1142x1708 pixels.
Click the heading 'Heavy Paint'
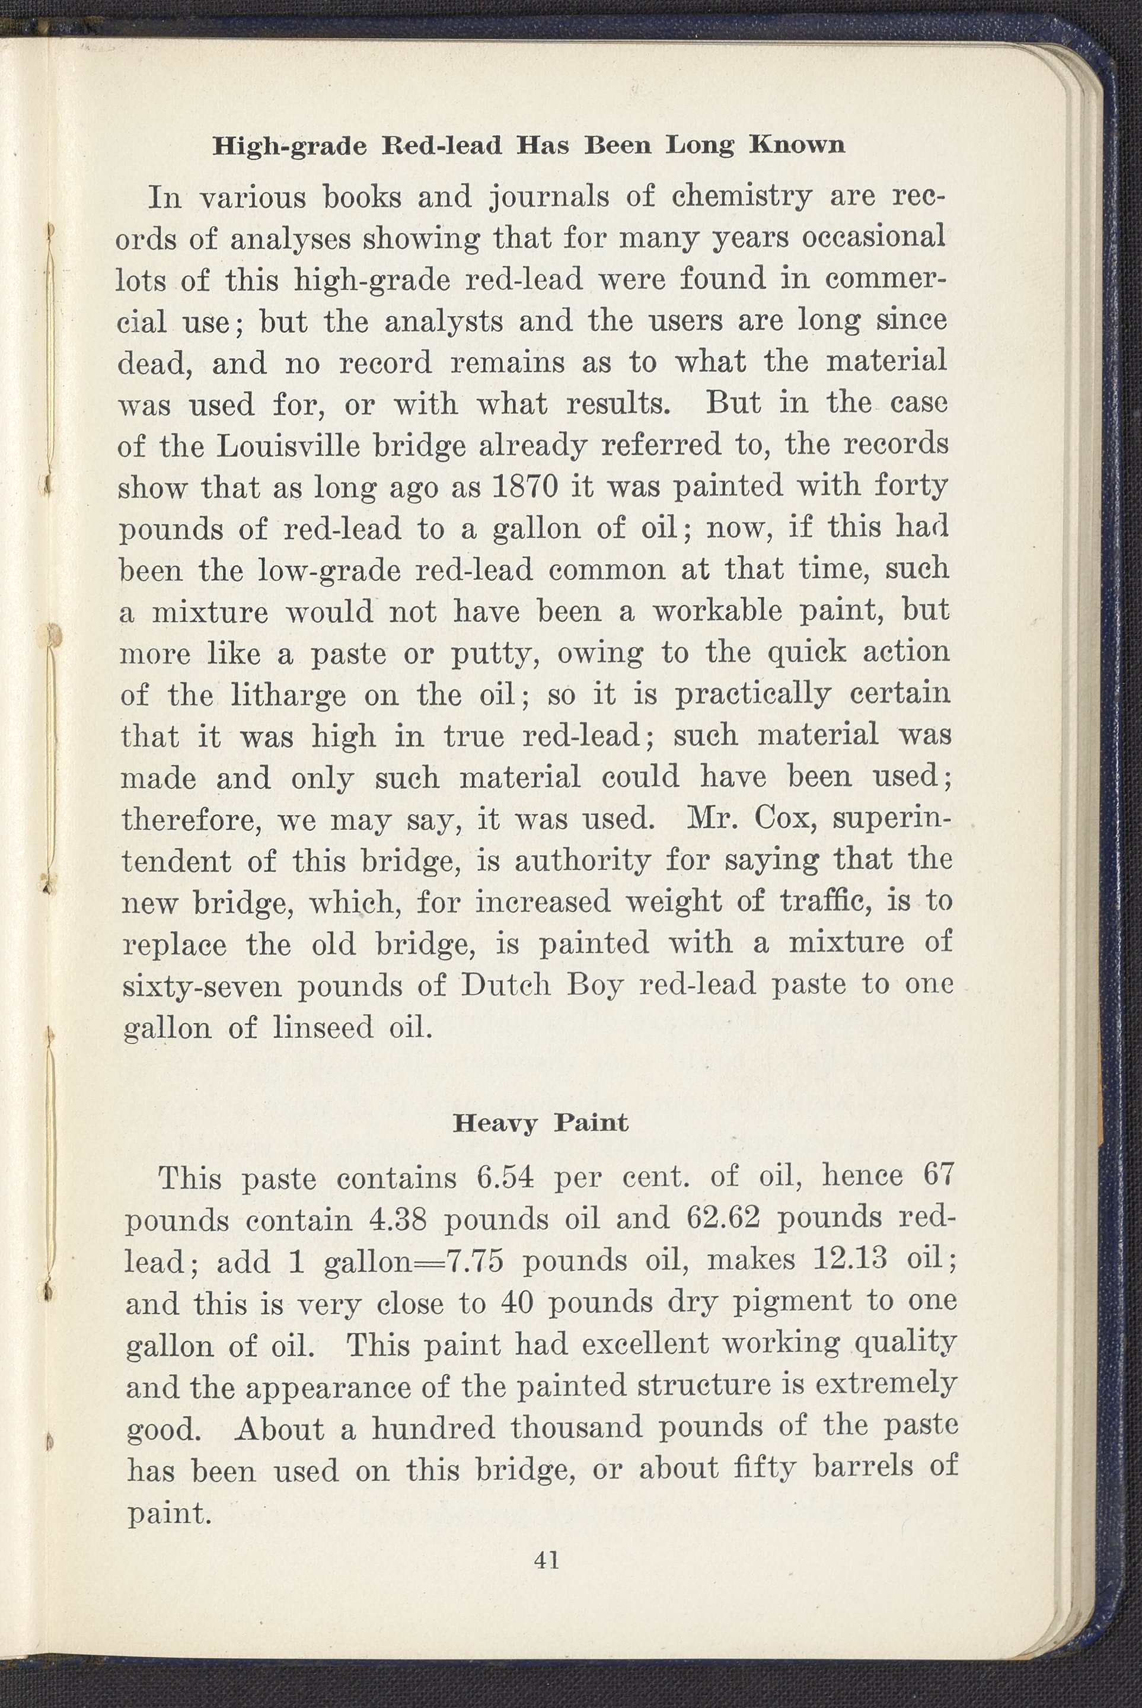pyautogui.click(x=540, y=1123)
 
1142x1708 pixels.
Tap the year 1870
pyautogui.click(x=524, y=486)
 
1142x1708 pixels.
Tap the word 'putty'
pyautogui.click(x=495, y=655)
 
